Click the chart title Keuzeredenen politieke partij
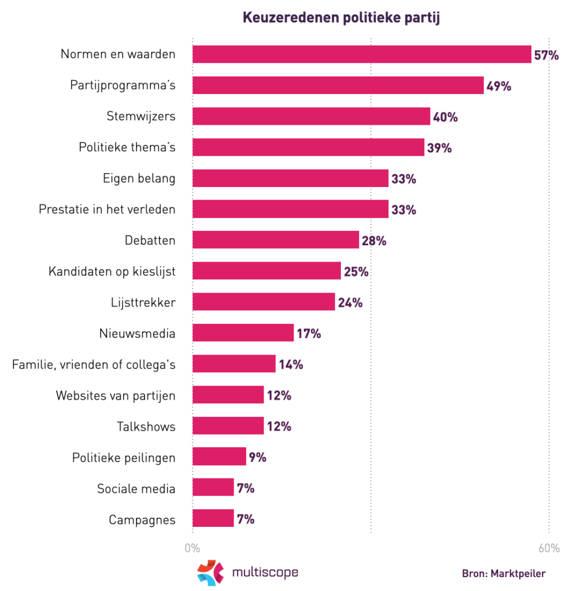click(x=342, y=18)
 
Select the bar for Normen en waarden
click(x=361, y=54)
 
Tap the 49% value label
click(x=498, y=86)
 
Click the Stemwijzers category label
click(x=141, y=117)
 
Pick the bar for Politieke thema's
click(x=308, y=148)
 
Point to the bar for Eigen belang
click(x=290, y=178)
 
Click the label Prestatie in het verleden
click(x=107, y=210)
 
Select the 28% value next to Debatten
click(x=373, y=241)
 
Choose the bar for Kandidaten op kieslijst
click(x=266, y=271)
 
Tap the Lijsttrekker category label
click(x=143, y=302)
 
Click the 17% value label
click(x=309, y=334)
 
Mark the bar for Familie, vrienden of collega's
click(x=234, y=364)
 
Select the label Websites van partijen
click(x=116, y=395)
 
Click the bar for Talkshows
click(x=228, y=427)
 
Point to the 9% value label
click(x=257, y=458)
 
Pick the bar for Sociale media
click(x=213, y=488)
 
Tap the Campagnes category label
click(x=142, y=519)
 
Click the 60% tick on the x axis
click(x=549, y=548)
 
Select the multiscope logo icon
click(x=210, y=573)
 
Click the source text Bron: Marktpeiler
click(x=503, y=574)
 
